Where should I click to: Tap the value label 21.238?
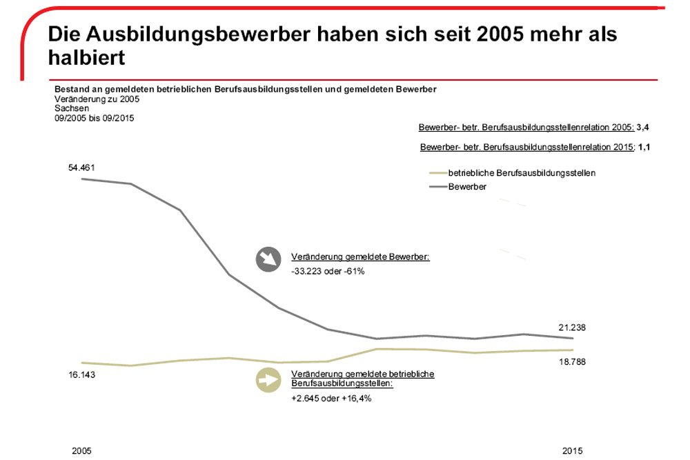click(571, 328)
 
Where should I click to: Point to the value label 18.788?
click(571, 362)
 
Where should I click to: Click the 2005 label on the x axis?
click(81, 451)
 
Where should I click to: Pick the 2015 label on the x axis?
click(572, 451)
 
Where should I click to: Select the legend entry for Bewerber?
click(467, 186)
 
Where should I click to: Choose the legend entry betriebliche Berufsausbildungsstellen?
click(522, 172)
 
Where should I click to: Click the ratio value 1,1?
click(644, 147)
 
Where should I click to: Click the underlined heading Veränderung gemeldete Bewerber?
click(360, 257)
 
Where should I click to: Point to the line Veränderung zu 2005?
click(97, 99)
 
